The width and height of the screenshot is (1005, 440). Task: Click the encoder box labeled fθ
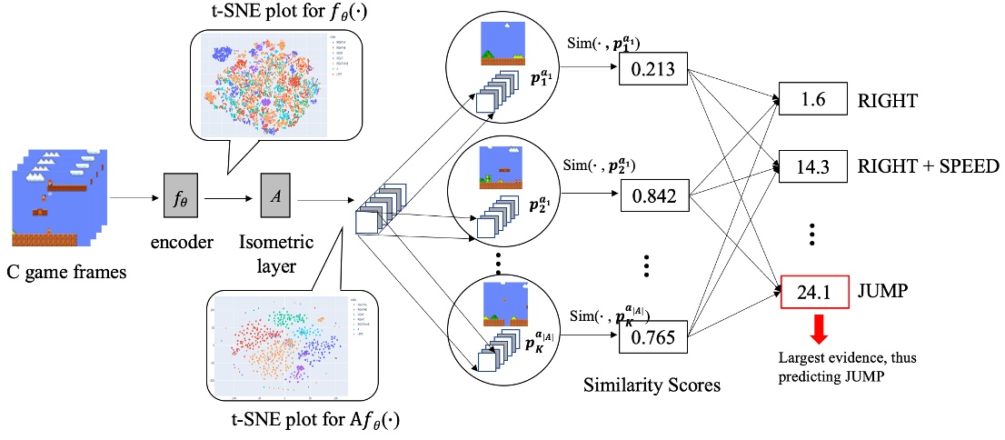pyautogui.click(x=179, y=195)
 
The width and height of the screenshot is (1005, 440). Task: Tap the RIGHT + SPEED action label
pyautogui.click(x=922, y=166)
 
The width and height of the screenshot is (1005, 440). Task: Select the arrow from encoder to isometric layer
pyautogui.click(x=229, y=195)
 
